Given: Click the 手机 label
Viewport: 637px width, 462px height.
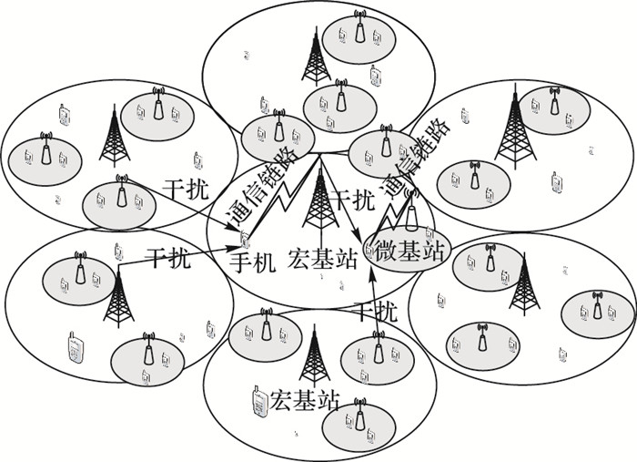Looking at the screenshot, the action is [252, 261].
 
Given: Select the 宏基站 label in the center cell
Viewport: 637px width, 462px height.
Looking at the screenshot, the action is [318, 260].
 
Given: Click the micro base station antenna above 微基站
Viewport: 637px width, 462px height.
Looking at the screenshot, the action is [411, 213].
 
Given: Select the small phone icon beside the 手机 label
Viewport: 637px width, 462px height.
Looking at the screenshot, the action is [245, 240].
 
